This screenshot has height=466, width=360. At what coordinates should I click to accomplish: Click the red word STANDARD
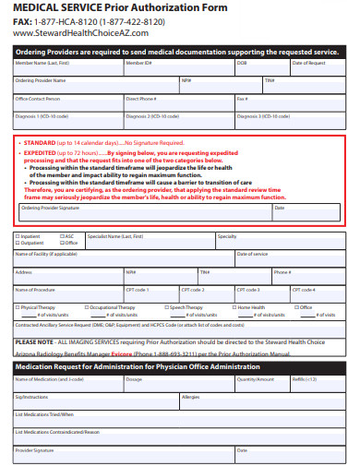pyautogui.click(x=40, y=143)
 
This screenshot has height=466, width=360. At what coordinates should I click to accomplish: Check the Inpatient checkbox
pyautogui.click(x=18, y=236)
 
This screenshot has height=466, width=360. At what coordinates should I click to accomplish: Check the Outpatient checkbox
pyautogui.click(x=18, y=243)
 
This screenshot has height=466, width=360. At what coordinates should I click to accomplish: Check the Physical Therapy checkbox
pyautogui.click(x=18, y=307)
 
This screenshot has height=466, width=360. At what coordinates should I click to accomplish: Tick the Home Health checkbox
pyautogui.click(x=234, y=307)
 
